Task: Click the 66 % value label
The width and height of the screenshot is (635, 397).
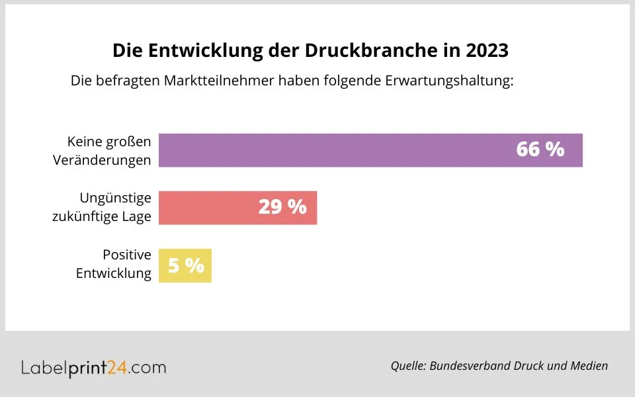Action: click(540, 150)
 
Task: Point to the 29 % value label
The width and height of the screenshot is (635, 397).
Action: click(282, 207)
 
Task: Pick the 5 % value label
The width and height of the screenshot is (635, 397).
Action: click(186, 266)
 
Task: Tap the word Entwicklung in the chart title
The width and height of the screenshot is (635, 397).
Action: click(200, 51)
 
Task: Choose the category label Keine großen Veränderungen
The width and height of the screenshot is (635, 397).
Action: click(109, 150)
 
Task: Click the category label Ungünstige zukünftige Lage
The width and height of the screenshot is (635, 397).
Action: click(103, 207)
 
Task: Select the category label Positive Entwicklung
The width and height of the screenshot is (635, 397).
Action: click(114, 264)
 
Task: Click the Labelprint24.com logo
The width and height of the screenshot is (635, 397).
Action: click(93, 367)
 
